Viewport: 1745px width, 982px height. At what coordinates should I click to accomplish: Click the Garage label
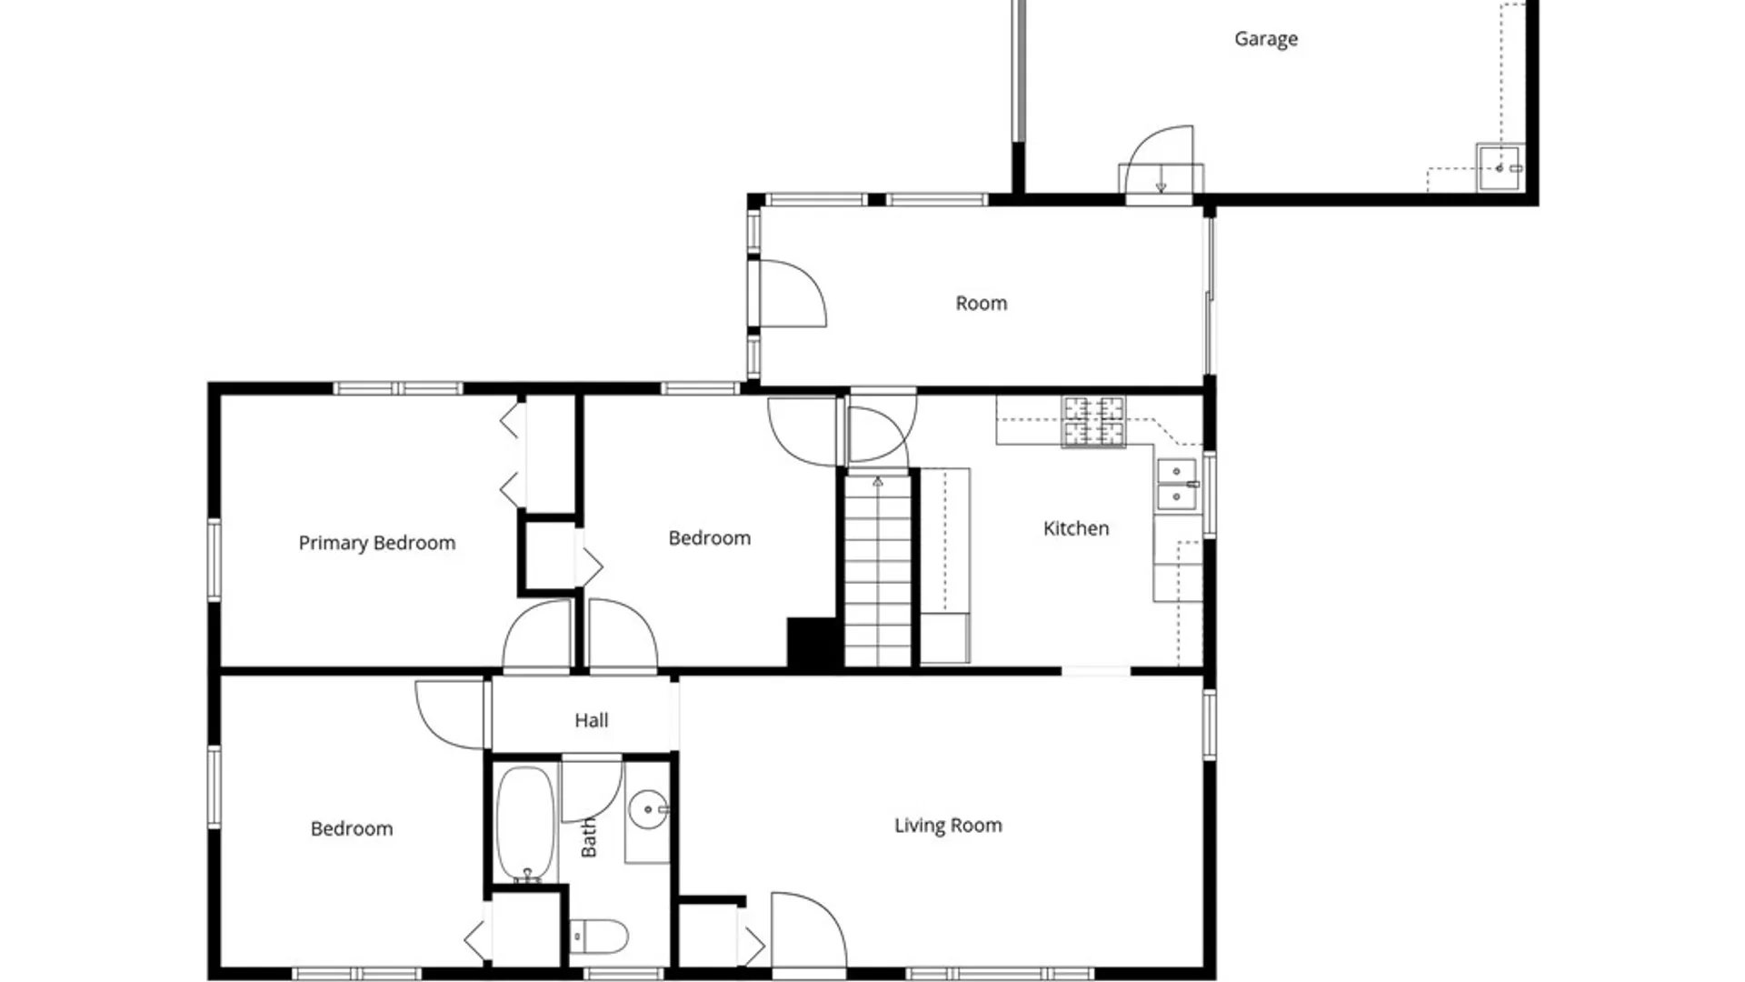click(1265, 39)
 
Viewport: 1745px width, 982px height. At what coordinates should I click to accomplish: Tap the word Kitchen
click(1076, 528)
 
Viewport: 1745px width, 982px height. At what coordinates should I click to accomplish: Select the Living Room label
click(948, 826)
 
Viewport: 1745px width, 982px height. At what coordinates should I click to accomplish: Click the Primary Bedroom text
click(377, 543)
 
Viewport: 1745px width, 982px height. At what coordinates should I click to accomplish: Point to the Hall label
click(592, 720)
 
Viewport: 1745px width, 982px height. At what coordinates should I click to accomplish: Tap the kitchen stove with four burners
click(1093, 422)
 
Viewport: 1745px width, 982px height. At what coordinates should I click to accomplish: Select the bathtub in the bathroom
click(526, 824)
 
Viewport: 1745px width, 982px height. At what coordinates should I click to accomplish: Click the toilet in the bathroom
click(599, 936)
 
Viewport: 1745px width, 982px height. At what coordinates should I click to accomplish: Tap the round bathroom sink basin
click(649, 809)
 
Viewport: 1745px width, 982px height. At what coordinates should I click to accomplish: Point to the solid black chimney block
click(813, 644)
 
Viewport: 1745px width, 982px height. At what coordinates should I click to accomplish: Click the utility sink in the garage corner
click(1500, 167)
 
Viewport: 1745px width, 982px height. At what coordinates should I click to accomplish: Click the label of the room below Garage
click(982, 304)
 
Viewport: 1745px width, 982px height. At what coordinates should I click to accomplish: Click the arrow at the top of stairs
click(878, 482)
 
